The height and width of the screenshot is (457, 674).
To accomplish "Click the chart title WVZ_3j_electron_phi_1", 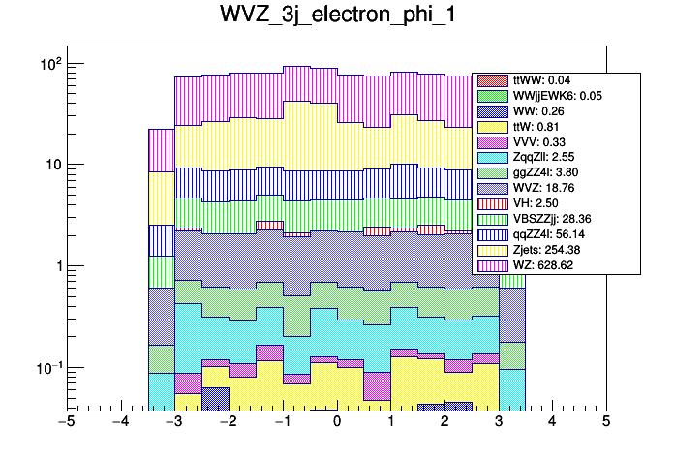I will point(336,20).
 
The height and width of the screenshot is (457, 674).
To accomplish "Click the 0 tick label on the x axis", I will point(337,422).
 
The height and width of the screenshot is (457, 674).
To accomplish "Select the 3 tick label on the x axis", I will point(499,422).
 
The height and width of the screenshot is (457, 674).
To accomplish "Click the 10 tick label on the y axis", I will point(51,165).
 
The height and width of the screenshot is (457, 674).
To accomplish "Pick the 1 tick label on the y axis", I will point(56,266).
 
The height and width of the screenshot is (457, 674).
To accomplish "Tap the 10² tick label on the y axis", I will point(49,64).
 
